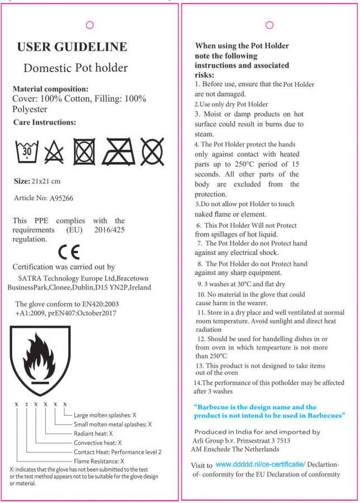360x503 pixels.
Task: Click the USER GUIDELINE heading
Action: click(72, 47)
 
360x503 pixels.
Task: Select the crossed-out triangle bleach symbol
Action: click(54, 151)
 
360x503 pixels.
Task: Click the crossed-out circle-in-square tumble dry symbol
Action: click(84, 151)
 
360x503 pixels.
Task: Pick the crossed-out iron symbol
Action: click(118, 151)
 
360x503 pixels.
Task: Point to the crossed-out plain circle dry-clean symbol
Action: click(152, 151)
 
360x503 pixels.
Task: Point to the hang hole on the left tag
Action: click(89, 25)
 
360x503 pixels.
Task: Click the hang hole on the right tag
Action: click(269, 25)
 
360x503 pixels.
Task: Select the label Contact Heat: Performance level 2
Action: click(117, 452)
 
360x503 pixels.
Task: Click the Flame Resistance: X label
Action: click(98, 461)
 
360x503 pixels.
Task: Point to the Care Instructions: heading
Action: click(44, 122)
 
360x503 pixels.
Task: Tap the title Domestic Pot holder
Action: click(75, 69)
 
